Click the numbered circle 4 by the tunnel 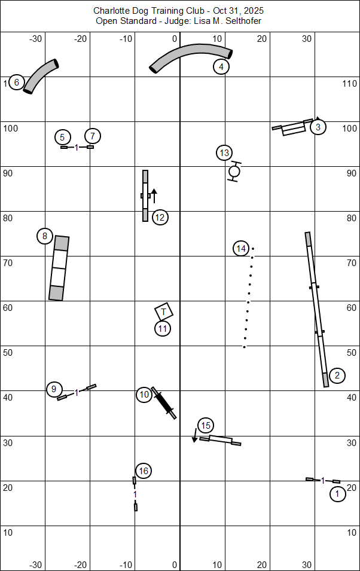click(x=221, y=66)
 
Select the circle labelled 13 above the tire click(x=224, y=153)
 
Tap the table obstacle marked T click(x=164, y=312)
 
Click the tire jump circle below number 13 click(x=234, y=172)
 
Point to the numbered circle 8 click(x=45, y=236)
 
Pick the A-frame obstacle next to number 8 click(x=59, y=267)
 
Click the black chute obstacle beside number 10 click(x=164, y=402)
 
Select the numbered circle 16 click(x=143, y=471)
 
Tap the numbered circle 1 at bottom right click(x=337, y=494)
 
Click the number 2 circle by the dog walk click(x=337, y=375)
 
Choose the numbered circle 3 click(x=318, y=127)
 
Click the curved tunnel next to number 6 click(x=41, y=77)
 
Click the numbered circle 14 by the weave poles click(x=241, y=248)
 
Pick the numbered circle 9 click(x=54, y=389)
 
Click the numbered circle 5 click(x=63, y=137)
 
